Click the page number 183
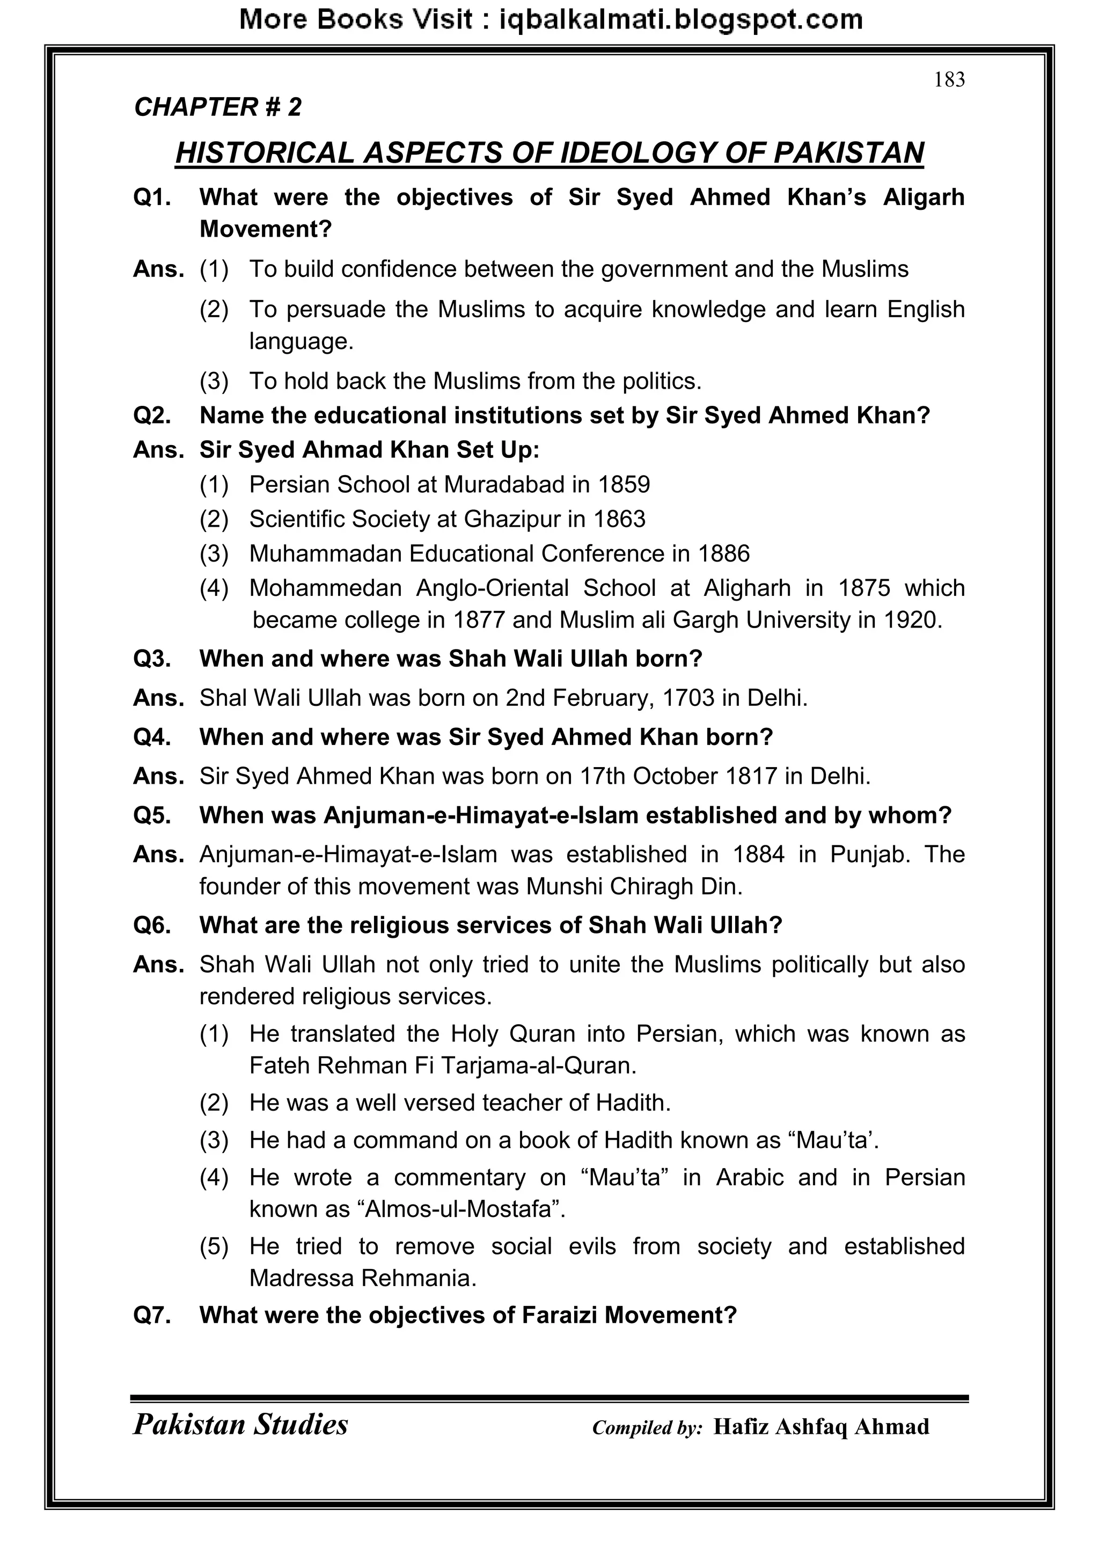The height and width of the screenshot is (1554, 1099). click(949, 80)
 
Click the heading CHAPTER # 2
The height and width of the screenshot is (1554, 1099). click(218, 107)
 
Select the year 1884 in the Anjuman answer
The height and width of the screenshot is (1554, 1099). click(759, 855)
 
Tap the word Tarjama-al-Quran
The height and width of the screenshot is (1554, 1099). click(539, 1066)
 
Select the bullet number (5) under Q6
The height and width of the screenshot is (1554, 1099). click(214, 1246)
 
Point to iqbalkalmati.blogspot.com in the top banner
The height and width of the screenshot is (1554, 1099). click(680, 20)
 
